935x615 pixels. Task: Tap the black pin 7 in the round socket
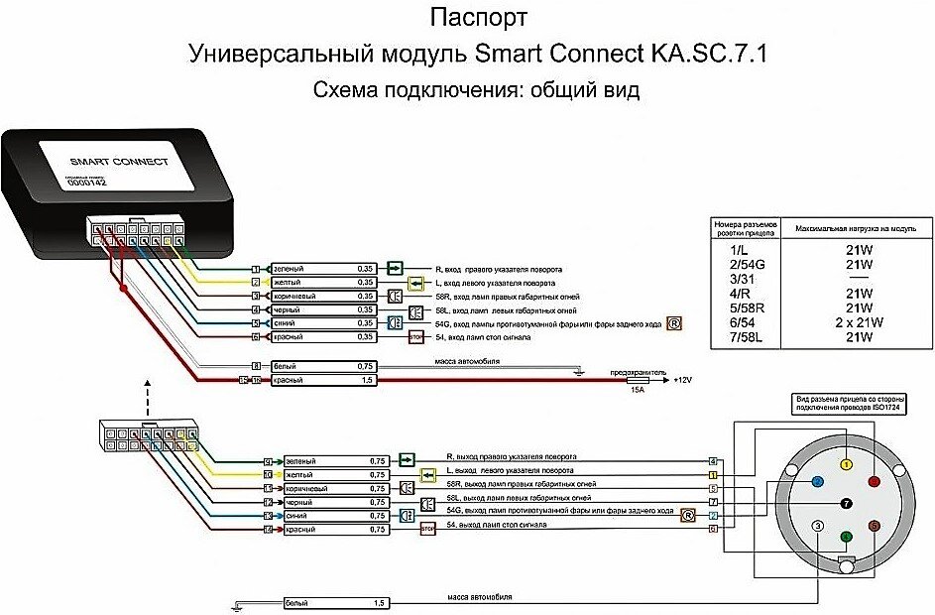[x=845, y=503]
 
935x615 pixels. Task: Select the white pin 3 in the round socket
[x=816, y=526]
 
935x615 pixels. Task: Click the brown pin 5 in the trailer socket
[x=873, y=525]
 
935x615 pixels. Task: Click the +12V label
[x=683, y=380]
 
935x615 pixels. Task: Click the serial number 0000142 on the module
[x=86, y=184]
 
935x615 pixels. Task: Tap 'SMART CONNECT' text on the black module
[x=105, y=162]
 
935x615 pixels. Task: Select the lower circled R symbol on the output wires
[x=687, y=515]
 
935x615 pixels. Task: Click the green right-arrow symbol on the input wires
[x=395, y=268]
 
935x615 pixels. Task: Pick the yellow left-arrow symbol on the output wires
[x=405, y=474]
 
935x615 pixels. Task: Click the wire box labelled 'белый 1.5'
[x=336, y=602]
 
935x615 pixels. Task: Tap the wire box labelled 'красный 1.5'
[x=316, y=380]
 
